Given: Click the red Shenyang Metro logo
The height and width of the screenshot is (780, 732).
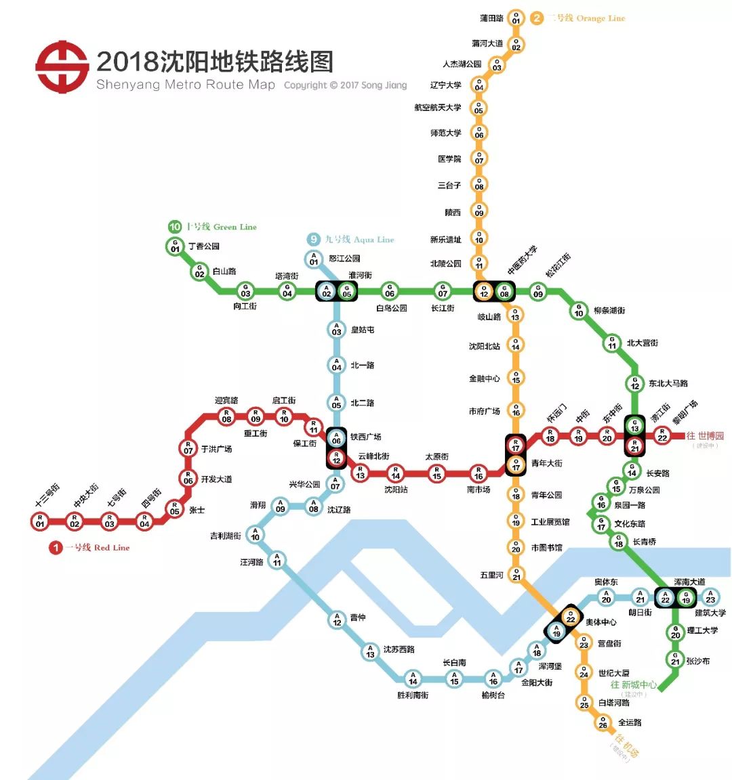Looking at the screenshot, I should coord(62,67).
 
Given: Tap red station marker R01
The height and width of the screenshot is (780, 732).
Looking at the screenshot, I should coord(40,521).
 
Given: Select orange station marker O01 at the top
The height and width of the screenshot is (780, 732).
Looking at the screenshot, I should coord(516,18).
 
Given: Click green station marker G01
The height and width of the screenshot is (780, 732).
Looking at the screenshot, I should coord(175,246).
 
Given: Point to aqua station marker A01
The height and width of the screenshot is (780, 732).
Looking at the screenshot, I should coord(314,259).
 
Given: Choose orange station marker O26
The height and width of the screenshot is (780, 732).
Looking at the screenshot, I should coord(603,723).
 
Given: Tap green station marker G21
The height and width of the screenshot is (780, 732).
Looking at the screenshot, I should coord(675,659).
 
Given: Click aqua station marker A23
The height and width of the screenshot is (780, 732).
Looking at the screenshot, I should coord(710,597).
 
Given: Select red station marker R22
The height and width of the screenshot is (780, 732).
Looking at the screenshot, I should coord(662,435).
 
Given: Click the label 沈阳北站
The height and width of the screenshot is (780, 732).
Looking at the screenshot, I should coord(485,347).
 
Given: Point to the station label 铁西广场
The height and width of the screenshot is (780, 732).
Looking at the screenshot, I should coord(366,437).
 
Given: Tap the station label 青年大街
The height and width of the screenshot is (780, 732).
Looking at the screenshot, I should coord(547,464).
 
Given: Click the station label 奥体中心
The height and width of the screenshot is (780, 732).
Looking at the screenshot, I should coord(601,622).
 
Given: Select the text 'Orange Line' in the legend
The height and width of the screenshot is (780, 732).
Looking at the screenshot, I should coord(601,18).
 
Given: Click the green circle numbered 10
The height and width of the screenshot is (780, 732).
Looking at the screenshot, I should coord(175,227).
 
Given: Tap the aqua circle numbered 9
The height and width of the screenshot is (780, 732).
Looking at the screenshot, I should coord(313,239).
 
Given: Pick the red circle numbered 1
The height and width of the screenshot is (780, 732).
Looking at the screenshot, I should coord(56,548).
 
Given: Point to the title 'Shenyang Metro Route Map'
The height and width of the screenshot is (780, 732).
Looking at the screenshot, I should coord(186,85).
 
